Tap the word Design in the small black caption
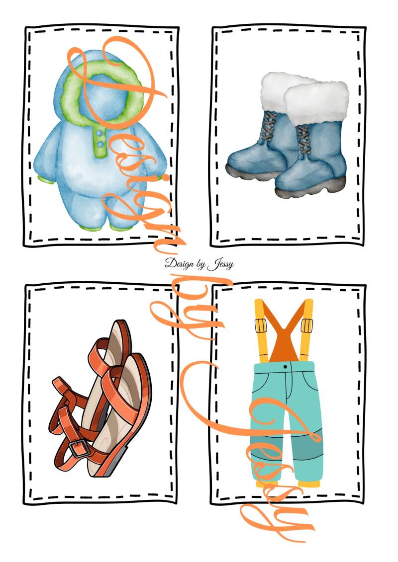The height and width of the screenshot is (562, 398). click(x=180, y=263)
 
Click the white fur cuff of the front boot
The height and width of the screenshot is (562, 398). click(x=316, y=101)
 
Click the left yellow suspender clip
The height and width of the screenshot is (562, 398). click(x=261, y=325)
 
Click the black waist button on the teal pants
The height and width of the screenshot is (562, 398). click(x=285, y=367)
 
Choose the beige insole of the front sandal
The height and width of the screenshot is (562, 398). click(x=118, y=401)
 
